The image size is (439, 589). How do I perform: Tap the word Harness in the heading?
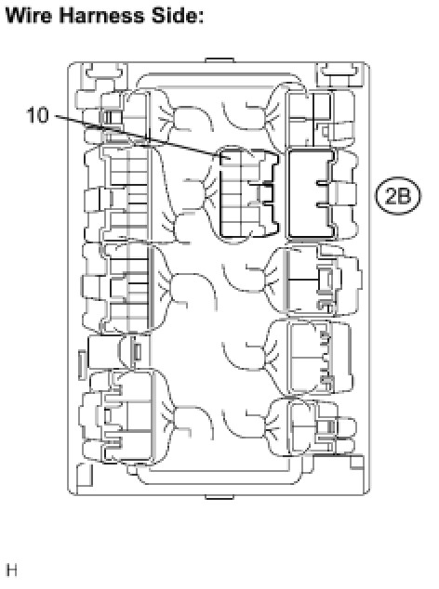click(101, 16)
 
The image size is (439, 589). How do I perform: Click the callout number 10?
click(37, 114)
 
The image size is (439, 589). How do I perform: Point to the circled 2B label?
click(398, 195)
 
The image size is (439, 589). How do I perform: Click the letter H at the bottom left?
click(12, 569)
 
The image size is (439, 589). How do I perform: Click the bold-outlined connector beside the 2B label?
click(311, 193)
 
